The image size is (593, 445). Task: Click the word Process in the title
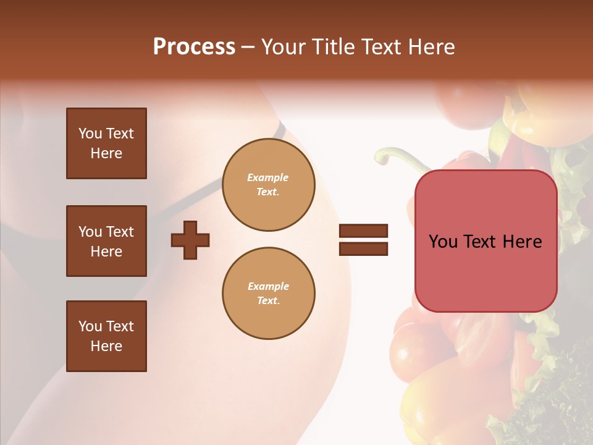[194, 47]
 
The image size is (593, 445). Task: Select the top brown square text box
[106, 143]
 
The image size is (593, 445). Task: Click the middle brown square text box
[106, 241]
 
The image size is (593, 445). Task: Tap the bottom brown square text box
[106, 336]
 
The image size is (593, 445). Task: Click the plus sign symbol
[190, 240]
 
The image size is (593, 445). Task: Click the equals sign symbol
[363, 240]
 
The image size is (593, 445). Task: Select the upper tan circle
[269, 184]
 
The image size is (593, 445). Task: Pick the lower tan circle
[269, 293]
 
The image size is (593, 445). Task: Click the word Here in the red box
[522, 242]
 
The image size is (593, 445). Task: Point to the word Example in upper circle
[267, 177]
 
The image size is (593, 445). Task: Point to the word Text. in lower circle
[268, 301]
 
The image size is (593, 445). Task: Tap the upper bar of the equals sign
[363, 231]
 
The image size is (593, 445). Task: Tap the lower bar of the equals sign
[363, 248]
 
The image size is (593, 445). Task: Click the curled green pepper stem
[395, 156]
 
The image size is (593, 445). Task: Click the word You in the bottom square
[90, 326]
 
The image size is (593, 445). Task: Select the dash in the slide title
[248, 48]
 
